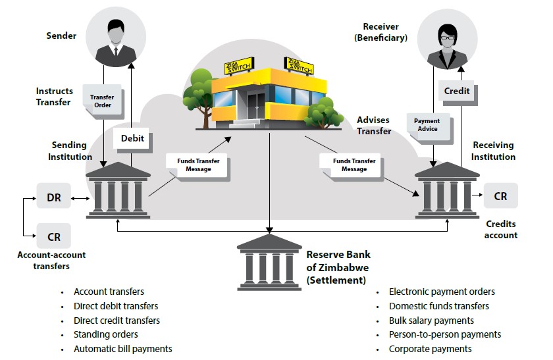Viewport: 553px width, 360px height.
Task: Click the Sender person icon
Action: tap(115, 39)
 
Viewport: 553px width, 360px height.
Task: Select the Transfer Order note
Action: tap(101, 101)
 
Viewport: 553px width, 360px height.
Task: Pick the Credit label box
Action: tap(456, 91)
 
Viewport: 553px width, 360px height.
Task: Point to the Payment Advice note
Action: tap(427, 125)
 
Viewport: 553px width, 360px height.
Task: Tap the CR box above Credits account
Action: tap(500, 196)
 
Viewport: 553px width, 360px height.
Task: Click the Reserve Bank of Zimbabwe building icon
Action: tap(270, 262)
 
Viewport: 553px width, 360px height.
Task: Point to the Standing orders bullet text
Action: tap(105, 335)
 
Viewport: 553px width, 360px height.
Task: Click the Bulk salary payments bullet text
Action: tap(431, 321)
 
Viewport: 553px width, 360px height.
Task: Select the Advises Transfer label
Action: tap(373, 125)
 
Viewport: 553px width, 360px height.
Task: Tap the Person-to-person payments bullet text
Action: tap(444, 335)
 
